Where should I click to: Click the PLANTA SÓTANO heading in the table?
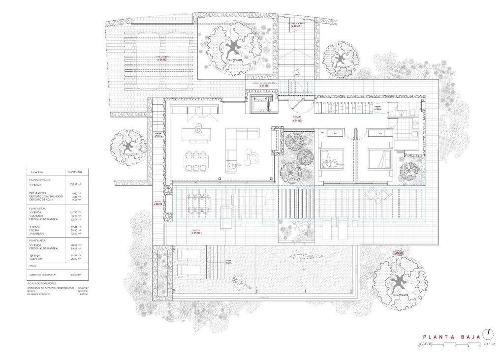(41, 180)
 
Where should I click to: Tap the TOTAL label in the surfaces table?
(34, 266)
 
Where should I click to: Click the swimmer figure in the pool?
(302, 255)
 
